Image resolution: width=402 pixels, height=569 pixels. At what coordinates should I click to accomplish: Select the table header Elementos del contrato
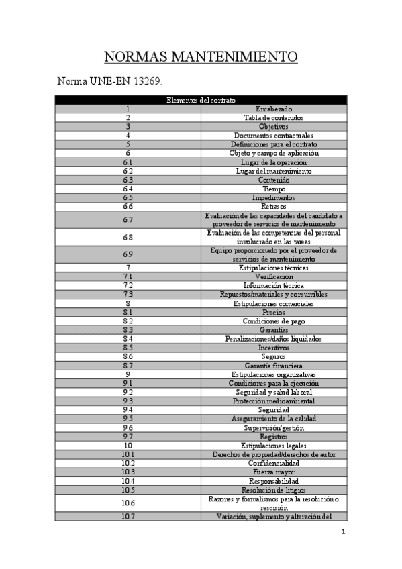point(201,100)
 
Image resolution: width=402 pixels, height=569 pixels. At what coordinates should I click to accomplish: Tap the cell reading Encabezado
point(274,109)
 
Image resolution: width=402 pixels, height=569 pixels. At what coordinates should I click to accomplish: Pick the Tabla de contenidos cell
point(273,117)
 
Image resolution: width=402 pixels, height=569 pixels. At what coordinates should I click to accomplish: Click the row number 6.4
point(128,189)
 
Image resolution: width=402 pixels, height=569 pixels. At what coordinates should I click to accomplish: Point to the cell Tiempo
point(273,189)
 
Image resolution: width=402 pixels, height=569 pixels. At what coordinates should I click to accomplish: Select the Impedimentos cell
point(273,198)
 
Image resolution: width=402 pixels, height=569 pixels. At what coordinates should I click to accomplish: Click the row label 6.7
point(128,219)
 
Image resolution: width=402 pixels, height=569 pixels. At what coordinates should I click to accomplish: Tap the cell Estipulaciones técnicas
point(273,268)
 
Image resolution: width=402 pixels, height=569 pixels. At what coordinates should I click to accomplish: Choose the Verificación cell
point(273,276)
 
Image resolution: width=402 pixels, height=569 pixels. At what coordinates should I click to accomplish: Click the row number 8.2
point(128,321)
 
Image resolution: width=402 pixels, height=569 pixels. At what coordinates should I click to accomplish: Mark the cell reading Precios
point(273,312)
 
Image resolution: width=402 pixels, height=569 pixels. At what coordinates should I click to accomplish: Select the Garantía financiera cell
point(273,365)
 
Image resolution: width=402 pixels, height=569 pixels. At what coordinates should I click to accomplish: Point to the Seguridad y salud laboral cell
point(273,392)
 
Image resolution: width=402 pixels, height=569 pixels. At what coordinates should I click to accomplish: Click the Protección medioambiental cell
point(273,401)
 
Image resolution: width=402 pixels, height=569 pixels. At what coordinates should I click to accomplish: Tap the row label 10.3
point(128,472)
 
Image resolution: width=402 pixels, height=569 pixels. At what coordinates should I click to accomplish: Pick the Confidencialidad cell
point(273,463)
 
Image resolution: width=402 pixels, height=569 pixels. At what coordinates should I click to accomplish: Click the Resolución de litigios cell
point(273,489)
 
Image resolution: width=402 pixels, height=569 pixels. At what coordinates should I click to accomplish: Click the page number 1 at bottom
point(343,533)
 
